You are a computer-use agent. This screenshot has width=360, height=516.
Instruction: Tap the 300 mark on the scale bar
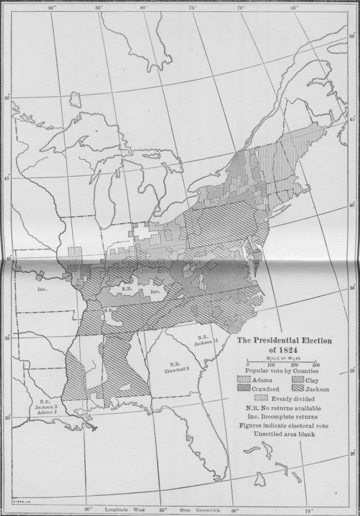(x=315, y=364)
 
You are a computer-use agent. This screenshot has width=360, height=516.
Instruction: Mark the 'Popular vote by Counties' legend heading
(x=282, y=371)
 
